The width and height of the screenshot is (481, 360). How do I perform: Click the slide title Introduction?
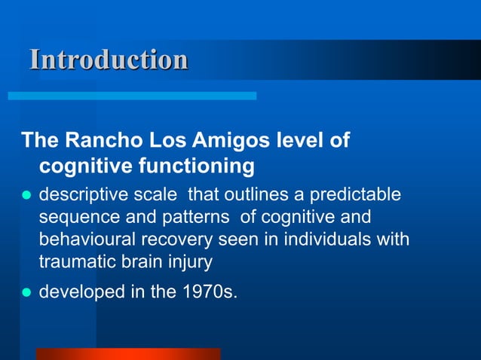(109, 59)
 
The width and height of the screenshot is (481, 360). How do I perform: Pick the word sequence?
(74, 218)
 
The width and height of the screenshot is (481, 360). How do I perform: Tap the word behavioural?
(84, 240)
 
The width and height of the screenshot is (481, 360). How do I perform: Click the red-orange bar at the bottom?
(128, 354)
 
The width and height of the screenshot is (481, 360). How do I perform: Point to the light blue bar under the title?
(132, 96)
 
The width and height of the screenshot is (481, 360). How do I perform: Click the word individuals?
(333, 240)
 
